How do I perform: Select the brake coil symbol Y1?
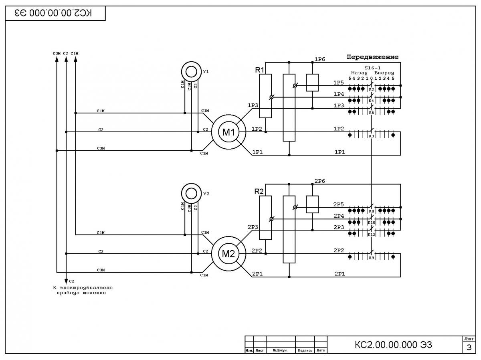[191, 62]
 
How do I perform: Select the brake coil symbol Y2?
[191, 183]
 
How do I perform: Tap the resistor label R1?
[260, 70]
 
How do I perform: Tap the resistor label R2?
[259, 192]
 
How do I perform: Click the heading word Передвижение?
[372, 57]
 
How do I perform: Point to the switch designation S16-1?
[372, 68]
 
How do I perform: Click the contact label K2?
[372, 90]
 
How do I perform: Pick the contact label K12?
[372, 234]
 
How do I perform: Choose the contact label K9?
[372, 258]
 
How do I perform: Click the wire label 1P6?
[320, 59]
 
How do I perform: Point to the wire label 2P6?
[320, 181]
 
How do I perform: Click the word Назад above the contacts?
[360, 73]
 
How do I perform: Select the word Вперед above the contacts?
[384, 73]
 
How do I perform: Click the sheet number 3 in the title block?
[469, 348]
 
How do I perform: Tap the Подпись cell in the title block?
[305, 350]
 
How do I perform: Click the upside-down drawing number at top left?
[53, 13]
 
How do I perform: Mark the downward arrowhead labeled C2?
[66, 281]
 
